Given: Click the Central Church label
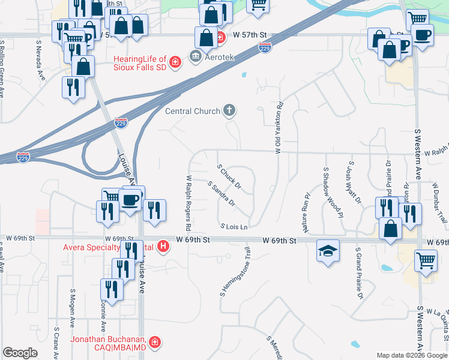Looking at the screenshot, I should pos(193,111).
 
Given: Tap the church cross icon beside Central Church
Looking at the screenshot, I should pos(229,110).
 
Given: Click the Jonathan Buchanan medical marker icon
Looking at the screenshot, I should pos(155,343).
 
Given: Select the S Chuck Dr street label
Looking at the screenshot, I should pos(229,176).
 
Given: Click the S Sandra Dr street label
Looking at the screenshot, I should pos(221,194).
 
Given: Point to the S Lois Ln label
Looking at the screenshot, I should pos(234,227).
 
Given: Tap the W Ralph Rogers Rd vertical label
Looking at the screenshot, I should pos(188,203).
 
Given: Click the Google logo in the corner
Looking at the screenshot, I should pos(20,353).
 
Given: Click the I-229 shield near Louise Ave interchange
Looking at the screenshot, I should pos(121,123).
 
